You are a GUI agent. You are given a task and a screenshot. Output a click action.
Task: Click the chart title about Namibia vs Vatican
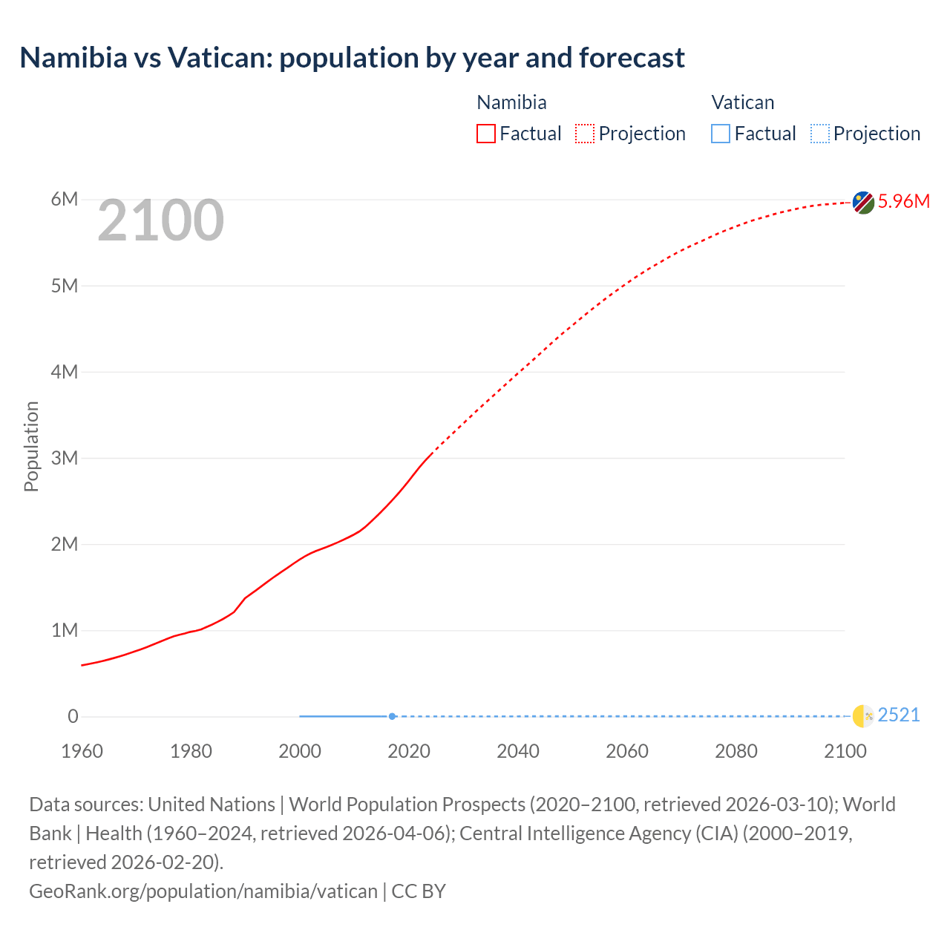click(x=352, y=58)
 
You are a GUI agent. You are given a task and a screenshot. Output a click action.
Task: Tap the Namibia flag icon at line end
click(x=862, y=202)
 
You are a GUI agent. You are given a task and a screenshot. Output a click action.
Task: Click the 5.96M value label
click(x=903, y=201)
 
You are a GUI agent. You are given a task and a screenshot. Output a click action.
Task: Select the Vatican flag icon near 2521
click(x=862, y=715)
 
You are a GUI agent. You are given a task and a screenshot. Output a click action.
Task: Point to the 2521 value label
click(x=898, y=715)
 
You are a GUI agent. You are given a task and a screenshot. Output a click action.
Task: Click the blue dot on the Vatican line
click(x=392, y=716)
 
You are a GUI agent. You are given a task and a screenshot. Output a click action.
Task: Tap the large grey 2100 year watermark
click(x=160, y=220)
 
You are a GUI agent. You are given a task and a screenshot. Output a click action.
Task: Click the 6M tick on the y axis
click(x=65, y=199)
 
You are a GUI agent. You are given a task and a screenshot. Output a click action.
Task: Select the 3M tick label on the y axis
click(x=65, y=458)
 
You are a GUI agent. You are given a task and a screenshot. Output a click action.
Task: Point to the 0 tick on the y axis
click(x=73, y=716)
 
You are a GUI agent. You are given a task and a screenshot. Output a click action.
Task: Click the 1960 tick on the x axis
click(x=82, y=751)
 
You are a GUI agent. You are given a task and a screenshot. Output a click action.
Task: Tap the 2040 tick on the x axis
click(x=518, y=751)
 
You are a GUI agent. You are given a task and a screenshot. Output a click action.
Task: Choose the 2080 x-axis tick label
click(x=736, y=751)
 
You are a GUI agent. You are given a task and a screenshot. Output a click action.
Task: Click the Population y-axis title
click(x=31, y=446)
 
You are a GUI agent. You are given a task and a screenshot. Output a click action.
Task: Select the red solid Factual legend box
click(x=486, y=134)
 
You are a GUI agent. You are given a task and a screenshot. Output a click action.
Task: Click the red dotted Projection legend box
click(x=585, y=134)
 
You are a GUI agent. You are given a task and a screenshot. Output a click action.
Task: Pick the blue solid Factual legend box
click(x=721, y=134)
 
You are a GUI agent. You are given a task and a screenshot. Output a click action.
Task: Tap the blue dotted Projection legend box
click(x=819, y=134)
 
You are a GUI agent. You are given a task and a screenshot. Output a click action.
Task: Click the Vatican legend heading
click(x=742, y=102)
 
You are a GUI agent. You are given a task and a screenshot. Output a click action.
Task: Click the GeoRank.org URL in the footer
click(x=203, y=891)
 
